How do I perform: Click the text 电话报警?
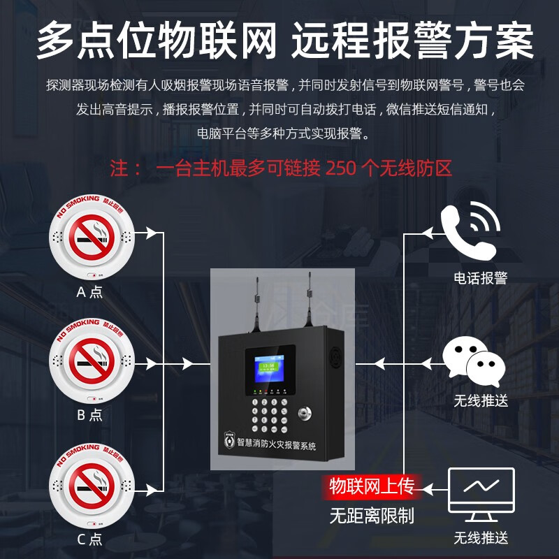480,278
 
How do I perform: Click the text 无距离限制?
372,516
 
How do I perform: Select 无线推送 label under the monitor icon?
480,539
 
